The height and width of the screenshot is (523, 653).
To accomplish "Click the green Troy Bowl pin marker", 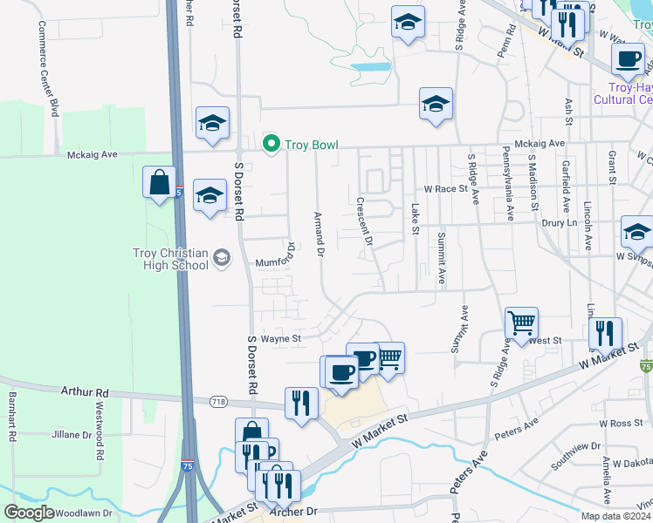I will [x=271, y=145].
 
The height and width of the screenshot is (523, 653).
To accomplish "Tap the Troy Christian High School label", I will [x=171, y=259].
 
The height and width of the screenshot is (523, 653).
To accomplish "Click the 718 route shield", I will [x=217, y=401].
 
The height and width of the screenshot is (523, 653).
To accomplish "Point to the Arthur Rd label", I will [x=85, y=392].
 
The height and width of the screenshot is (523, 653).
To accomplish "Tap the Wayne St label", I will [x=281, y=338].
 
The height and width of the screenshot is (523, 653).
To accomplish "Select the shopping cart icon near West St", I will [x=521, y=323].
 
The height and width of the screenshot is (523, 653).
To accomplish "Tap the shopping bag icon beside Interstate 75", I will [x=159, y=183].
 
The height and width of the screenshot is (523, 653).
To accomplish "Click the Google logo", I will [x=30, y=513].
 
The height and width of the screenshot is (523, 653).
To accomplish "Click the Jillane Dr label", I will [x=72, y=434].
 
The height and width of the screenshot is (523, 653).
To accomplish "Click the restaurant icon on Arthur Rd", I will [x=301, y=403].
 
